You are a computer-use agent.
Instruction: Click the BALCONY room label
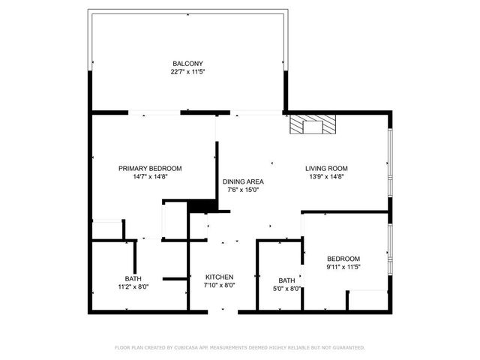[x=187, y=64]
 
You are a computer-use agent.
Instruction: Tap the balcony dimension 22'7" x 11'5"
[x=187, y=72]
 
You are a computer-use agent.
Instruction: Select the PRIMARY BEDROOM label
[x=150, y=169]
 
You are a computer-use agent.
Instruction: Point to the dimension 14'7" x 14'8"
[x=150, y=177]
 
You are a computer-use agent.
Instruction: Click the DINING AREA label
[x=241, y=181]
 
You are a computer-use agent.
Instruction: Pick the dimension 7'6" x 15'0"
[x=241, y=190]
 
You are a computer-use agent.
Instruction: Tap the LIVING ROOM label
[x=326, y=169]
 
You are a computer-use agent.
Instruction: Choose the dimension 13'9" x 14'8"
[x=326, y=177]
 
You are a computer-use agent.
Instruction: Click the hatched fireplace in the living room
[x=314, y=125]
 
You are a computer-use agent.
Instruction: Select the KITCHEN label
[x=220, y=277]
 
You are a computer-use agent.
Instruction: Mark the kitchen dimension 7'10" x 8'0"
[x=220, y=285]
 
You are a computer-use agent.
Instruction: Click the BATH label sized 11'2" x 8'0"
[x=133, y=278]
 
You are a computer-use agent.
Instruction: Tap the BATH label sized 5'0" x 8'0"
[x=286, y=280]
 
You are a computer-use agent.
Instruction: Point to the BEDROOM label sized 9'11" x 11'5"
[x=343, y=259]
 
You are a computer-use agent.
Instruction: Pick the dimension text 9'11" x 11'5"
[x=343, y=267]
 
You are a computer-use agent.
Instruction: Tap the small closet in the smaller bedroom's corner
[x=367, y=300]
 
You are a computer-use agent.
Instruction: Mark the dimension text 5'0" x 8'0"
[x=286, y=289]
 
